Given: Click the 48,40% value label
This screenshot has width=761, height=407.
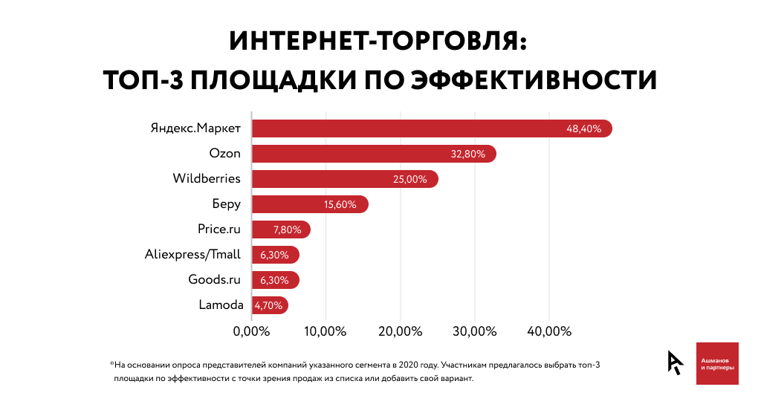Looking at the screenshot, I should tap(583, 128).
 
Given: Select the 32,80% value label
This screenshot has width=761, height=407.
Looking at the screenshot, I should tap(468, 154).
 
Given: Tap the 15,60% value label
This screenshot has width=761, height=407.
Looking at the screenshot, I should tap(340, 204).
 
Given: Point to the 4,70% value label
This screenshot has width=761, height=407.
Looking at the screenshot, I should tap(269, 305).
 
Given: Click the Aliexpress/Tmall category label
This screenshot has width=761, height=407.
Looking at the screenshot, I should tap(192, 255).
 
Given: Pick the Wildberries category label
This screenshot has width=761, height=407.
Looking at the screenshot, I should tap(207, 179).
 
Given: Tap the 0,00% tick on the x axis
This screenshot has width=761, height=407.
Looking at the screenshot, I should tap(251, 331).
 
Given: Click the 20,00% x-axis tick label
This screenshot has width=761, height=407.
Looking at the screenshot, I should tap(400, 331).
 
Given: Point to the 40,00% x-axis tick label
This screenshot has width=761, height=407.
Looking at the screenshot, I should tap(548, 331).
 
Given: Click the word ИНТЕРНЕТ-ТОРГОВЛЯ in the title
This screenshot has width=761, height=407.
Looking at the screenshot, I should tap(380, 40).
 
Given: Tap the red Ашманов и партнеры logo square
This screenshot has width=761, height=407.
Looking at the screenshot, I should tap(717, 363).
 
